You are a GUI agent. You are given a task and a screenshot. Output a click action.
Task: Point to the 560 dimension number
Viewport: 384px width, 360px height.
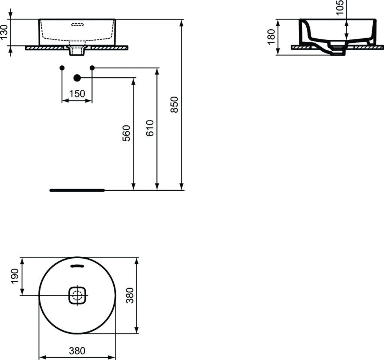click(x=127, y=133)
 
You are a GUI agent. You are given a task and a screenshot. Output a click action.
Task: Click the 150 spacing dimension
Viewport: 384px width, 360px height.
click(x=77, y=93)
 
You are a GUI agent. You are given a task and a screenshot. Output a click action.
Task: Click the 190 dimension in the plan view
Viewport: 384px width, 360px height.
click(x=15, y=276)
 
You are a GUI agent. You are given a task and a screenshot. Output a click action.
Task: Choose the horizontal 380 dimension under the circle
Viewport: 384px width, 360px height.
click(x=77, y=351)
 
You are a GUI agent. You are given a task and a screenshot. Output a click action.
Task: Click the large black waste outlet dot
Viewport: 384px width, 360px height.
click(x=77, y=78)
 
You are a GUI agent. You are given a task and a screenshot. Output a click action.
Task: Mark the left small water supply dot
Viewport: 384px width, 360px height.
click(x=62, y=68)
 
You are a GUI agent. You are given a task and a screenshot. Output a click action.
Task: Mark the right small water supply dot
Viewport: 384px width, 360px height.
click(x=92, y=68)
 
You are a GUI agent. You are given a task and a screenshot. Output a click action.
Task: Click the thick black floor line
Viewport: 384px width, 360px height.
click(x=77, y=190)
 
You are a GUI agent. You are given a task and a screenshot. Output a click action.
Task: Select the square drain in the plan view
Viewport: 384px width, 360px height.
click(x=78, y=296)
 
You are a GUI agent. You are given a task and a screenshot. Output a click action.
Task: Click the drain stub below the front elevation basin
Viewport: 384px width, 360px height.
click(x=77, y=51)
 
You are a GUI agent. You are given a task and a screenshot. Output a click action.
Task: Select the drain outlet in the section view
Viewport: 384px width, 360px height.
click(x=337, y=52)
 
